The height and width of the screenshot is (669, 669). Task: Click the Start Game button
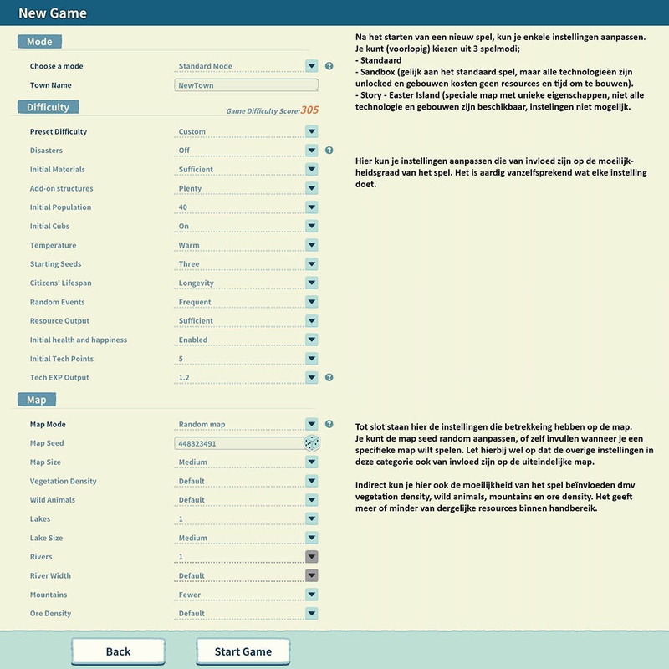(243, 651)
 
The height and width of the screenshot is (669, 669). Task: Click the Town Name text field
(247, 85)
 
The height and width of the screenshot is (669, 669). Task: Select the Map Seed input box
(238, 443)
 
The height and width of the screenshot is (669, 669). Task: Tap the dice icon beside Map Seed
(312, 443)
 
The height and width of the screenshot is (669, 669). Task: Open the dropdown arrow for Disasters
(311, 151)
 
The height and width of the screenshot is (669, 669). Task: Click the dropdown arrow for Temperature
(311, 245)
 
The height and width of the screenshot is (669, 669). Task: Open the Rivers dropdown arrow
(311, 557)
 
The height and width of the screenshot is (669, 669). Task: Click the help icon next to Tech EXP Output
(329, 378)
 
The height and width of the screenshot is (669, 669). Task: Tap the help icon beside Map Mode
(329, 424)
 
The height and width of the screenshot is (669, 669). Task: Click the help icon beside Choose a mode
(329, 66)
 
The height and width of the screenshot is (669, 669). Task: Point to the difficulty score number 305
(309, 110)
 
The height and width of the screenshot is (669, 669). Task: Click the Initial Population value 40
(183, 207)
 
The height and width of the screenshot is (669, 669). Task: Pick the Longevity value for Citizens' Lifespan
(196, 283)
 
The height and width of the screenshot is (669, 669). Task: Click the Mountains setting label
(49, 595)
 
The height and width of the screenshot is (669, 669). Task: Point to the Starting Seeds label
(55, 264)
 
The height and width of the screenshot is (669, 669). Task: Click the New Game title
(53, 13)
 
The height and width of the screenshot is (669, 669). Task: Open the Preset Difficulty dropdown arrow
(311, 131)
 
